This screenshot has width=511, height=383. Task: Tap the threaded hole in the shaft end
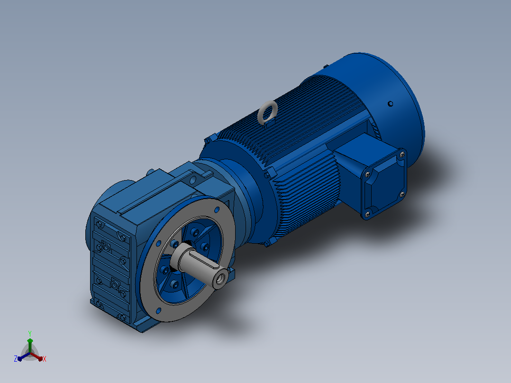tap(221, 279)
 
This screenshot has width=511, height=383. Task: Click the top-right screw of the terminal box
tap(402, 155)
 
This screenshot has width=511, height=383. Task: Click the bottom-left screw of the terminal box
tap(368, 214)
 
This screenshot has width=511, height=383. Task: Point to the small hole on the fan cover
tap(391, 104)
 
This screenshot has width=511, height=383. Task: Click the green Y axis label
tap(30, 333)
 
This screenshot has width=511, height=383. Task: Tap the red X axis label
tap(45, 359)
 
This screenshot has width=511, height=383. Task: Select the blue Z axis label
tap(15, 359)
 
